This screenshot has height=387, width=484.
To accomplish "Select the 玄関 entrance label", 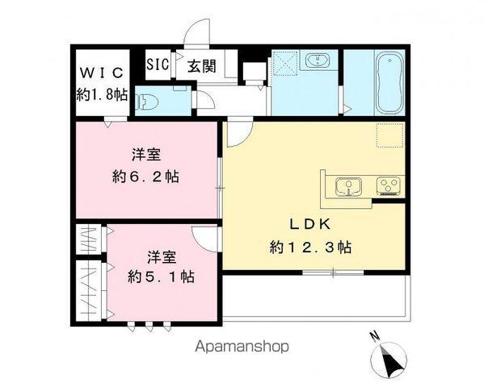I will point(203,66).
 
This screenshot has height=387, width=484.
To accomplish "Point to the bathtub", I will point(389,84).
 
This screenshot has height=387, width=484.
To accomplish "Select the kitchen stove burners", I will point(388,187).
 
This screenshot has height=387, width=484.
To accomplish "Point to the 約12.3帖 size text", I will point(310,247).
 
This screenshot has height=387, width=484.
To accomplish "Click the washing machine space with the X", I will point(286,63).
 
